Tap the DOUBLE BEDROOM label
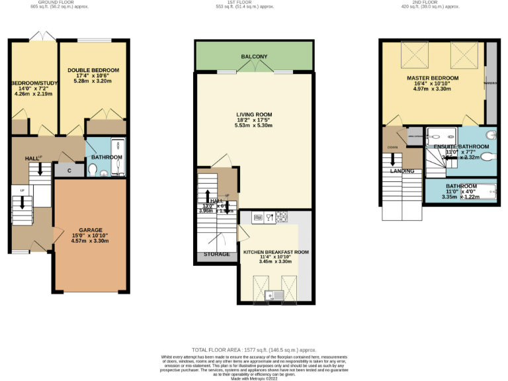[93, 70]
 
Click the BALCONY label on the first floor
[253, 58]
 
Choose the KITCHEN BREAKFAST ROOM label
[276, 252]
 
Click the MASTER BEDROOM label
[432, 78]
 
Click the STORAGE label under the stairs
[217, 254]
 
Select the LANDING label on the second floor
[402, 171]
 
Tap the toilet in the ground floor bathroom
[93, 171]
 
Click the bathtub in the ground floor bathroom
[119, 157]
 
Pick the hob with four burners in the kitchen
[281, 216]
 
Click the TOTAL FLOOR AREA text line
[253, 349]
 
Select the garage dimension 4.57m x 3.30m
[90, 241]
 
